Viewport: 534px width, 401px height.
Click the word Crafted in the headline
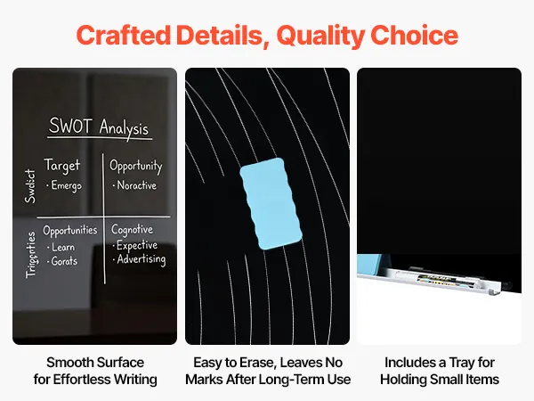point(124,35)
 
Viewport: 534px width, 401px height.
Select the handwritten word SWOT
point(70,126)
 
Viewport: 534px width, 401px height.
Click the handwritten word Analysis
point(124,128)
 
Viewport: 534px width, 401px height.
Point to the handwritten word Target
point(62,166)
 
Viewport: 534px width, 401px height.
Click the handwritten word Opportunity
point(135,166)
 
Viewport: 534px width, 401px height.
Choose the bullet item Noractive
point(136,185)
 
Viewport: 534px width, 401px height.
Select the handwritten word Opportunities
point(69,231)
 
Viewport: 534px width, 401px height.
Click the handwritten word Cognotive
point(132,230)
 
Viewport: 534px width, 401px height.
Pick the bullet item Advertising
point(141,259)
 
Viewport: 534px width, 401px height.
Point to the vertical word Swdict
point(30,186)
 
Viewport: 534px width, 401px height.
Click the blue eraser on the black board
point(271,203)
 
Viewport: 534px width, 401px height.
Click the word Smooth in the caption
point(69,363)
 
